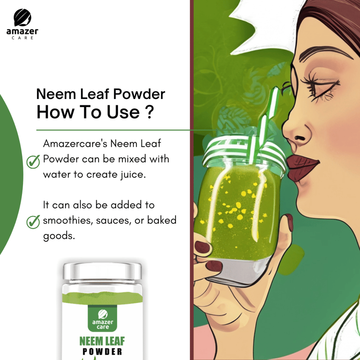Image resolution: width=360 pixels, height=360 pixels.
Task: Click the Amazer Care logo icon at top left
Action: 22,18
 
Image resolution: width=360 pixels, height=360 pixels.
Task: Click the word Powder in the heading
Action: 139,94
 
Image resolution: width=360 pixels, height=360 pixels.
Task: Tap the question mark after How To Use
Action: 149,112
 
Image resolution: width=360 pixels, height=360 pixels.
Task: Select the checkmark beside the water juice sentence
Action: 33,162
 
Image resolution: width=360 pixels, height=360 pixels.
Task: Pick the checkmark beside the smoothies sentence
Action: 33,222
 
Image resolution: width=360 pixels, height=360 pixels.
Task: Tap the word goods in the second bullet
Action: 59,236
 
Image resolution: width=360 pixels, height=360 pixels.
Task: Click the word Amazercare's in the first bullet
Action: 75,144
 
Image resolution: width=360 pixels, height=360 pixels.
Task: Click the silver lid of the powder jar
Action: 103,271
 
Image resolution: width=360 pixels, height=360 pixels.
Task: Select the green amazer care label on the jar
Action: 103,318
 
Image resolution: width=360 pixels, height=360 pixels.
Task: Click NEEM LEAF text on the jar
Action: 102,341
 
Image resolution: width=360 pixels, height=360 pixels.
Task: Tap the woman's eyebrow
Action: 326,52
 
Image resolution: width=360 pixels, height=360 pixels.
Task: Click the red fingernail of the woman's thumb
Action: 290,222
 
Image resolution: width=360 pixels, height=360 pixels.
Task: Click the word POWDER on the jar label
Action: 102,352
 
